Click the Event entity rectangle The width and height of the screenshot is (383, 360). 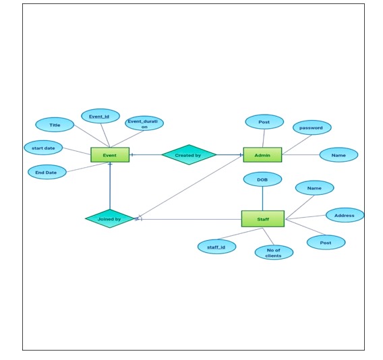tap(110, 155)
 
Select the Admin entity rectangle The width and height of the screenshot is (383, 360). tap(262, 155)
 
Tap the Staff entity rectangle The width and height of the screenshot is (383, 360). tap(262, 218)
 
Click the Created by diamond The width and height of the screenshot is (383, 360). tap(189, 155)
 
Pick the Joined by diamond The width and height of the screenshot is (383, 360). tap(109, 218)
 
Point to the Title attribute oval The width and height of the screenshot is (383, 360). tap(55, 125)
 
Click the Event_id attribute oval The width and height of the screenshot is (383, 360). tap(100, 116)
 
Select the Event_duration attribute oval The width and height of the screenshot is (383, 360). tap(144, 123)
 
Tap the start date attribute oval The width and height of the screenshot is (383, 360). tap(43, 148)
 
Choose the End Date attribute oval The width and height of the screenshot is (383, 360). tap(47, 172)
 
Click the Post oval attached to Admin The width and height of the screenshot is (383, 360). tap(264, 122)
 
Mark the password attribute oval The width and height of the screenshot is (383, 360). tap(312, 127)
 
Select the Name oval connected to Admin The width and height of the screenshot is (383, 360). tap(338, 155)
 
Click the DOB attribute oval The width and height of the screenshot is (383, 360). tap(262, 179)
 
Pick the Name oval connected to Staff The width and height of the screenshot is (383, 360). tap(314, 188)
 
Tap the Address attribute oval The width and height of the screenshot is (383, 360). tap(345, 215)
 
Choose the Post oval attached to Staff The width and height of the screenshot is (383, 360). tap(326, 242)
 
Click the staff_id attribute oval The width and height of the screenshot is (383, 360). tap(216, 247)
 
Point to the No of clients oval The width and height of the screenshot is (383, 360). tap(274, 253)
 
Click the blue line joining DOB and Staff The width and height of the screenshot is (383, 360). tap(262, 198)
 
